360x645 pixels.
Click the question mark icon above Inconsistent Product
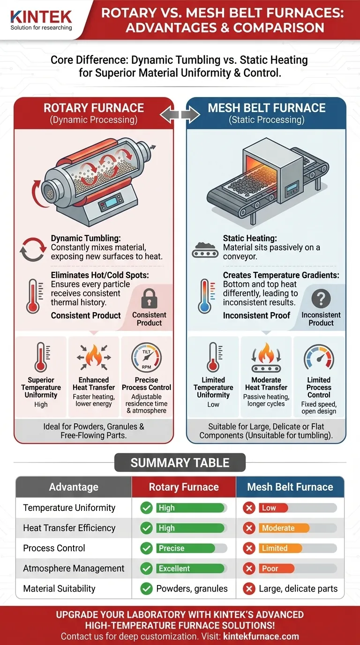click(321, 299)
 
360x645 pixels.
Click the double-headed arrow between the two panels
click(180, 114)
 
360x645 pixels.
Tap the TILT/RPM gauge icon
click(146, 359)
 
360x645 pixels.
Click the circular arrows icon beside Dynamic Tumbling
click(32, 249)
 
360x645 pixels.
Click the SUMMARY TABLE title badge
click(180, 463)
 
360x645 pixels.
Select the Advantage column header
click(74, 487)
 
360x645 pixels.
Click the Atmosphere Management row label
click(74, 568)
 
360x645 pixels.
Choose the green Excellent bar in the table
click(190, 569)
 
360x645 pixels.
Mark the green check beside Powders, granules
click(147, 589)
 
